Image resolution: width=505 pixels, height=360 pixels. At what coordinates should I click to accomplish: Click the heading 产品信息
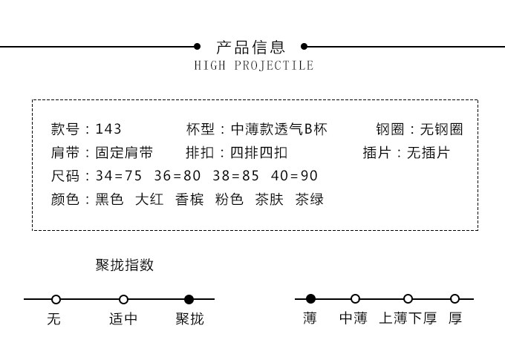(x=250, y=48)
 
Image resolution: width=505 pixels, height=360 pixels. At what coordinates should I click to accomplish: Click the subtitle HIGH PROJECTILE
(x=254, y=65)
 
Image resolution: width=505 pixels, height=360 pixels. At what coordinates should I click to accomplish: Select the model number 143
(x=108, y=129)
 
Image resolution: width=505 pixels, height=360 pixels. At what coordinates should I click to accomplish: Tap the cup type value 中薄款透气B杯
(x=279, y=129)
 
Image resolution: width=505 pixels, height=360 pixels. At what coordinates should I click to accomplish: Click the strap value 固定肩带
(x=124, y=153)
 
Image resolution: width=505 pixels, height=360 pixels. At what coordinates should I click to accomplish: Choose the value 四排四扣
(x=258, y=153)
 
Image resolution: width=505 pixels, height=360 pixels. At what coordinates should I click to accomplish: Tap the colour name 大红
(x=149, y=199)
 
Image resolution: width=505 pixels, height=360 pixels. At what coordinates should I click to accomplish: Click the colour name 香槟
(x=189, y=199)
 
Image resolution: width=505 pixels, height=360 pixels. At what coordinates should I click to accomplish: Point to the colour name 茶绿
(x=310, y=199)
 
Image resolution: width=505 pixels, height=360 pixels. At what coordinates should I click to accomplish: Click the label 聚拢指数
(x=125, y=265)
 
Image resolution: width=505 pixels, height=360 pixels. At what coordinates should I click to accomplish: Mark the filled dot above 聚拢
(x=189, y=300)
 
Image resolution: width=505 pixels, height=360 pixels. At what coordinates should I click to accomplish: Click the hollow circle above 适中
(x=123, y=300)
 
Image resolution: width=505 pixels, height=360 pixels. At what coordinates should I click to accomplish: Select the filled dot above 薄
(x=310, y=299)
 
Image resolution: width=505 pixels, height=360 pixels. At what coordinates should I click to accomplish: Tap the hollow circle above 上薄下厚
(x=408, y=299)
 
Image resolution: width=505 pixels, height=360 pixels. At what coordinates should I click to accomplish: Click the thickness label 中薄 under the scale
(x=353, y=319)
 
